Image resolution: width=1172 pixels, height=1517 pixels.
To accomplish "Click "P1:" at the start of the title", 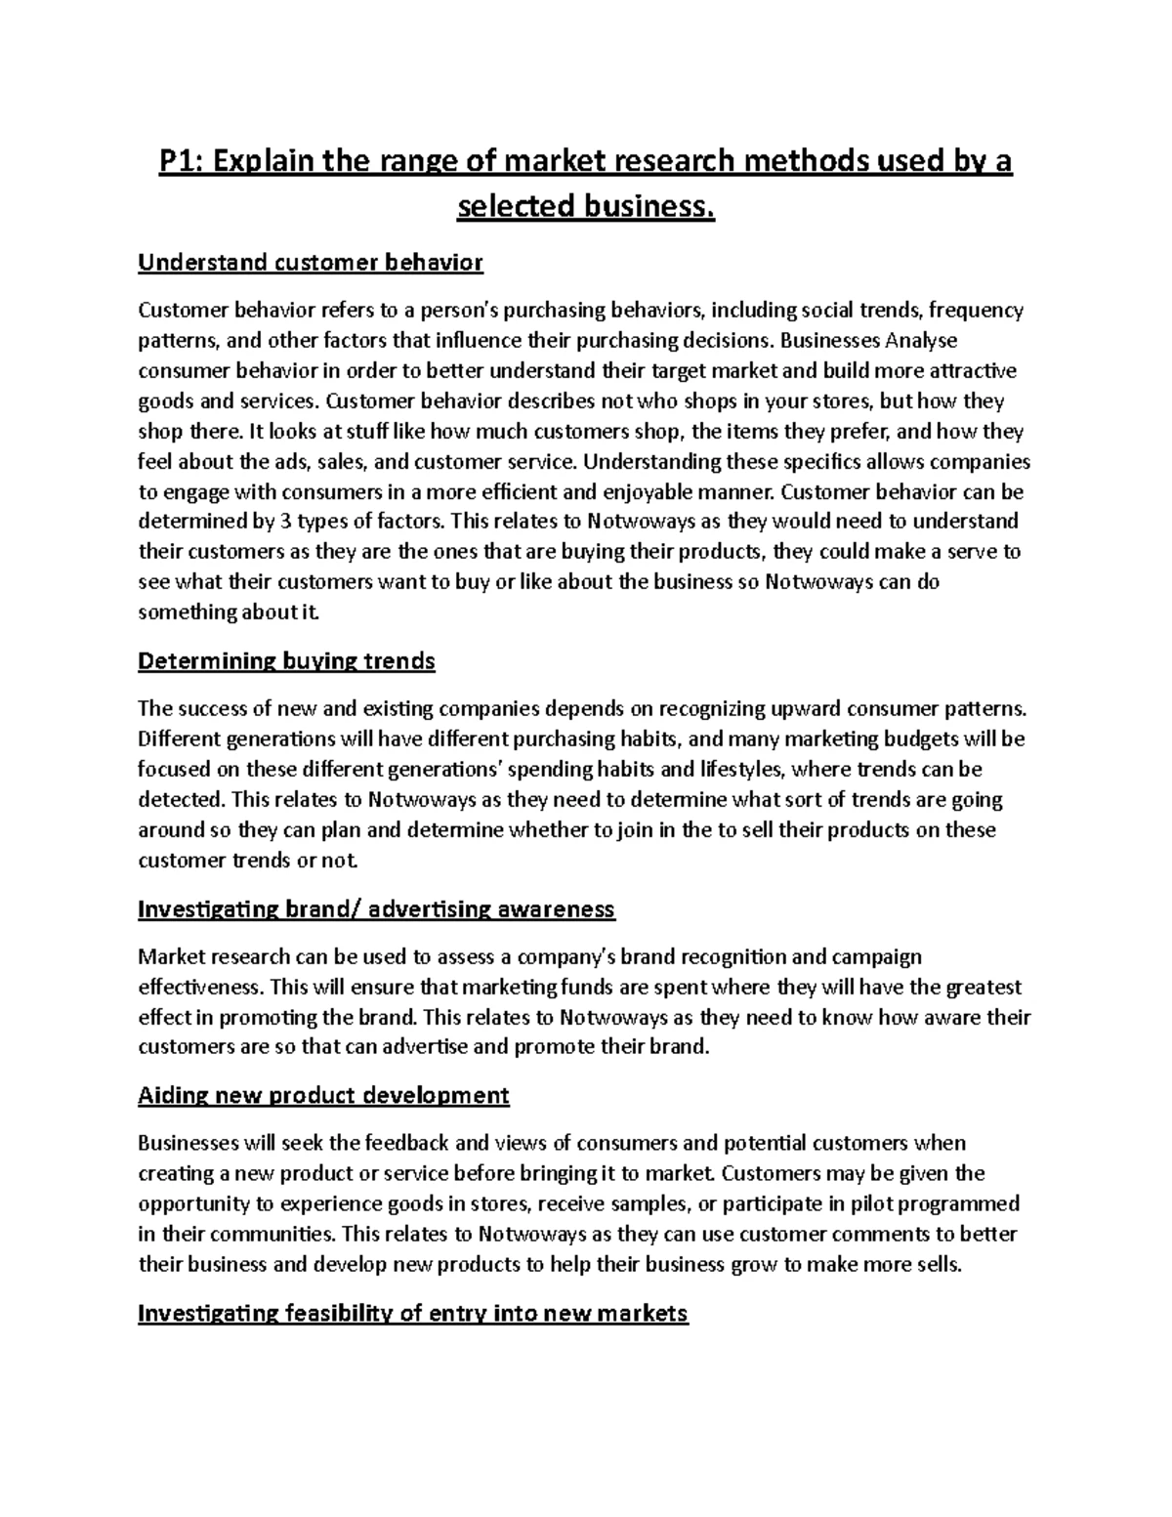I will click(x=183, y=162).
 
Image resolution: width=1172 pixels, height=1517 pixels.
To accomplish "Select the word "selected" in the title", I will click(x=514, y=208).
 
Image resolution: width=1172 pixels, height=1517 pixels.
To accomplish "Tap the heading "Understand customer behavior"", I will click(x=311, y=263).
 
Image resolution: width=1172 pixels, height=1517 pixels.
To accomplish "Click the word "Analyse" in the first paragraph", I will click(x=921, y=340).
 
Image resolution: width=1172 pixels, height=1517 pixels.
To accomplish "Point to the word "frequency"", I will click(x=976, y=311).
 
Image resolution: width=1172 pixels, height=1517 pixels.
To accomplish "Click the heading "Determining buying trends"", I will click(x=286, y=661).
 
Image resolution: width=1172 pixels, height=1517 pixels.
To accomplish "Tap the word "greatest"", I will click(x=983, y=987).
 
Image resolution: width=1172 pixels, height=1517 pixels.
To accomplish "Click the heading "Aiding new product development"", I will click(x=323, y=1095).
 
